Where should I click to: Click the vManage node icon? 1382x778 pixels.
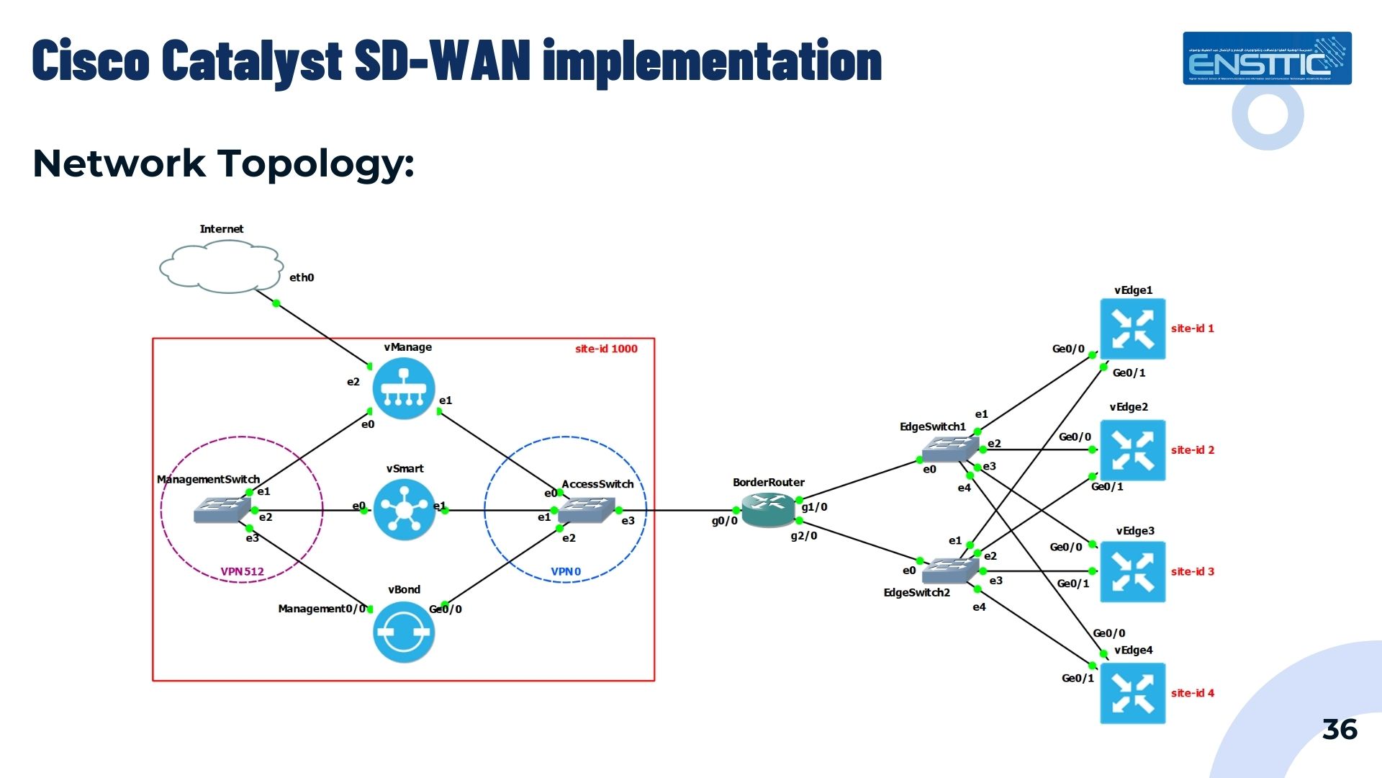pyautogui.click(x=404, y=388)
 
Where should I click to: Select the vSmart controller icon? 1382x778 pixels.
pyautogui.click(x=404, y=510)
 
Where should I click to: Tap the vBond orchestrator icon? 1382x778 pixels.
pyautogui.click(x=404, y=632)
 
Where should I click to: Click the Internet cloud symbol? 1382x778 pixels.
pyautogui.click(x=221, y=267)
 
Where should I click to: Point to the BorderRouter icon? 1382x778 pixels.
pyautogui.click(x=768, y=509)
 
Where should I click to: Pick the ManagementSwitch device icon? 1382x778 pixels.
pyautogui.click(x=222, y=510)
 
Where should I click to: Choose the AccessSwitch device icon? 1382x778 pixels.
pyautogui.click(x=586, y=510)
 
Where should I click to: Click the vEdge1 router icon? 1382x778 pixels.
pyautogui.click(x=1132, y=328)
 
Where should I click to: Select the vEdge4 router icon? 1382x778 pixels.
pyautogui.click(x=1132, y=693)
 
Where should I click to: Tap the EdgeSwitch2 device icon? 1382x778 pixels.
pyautogui.click(x=950, y=571)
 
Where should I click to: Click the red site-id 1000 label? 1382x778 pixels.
pyautogui.click(x=606, y=349)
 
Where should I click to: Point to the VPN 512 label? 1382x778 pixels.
pyautogui.click(x=242, y=571)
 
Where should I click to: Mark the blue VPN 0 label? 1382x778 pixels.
pyautogui.click(x=566, y=571)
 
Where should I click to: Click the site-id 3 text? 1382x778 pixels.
pyautogui.click(x=1192, y=571)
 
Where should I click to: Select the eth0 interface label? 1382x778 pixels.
pyautogui.click(x=302, y=277)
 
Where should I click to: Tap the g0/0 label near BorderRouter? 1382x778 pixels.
pyautogui.click(x=724, y=521)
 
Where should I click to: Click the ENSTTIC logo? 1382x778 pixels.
pyautogui.click(x=1267, y=58)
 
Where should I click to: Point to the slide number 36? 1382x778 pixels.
pyautogui.click(x=1340, y=730)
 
